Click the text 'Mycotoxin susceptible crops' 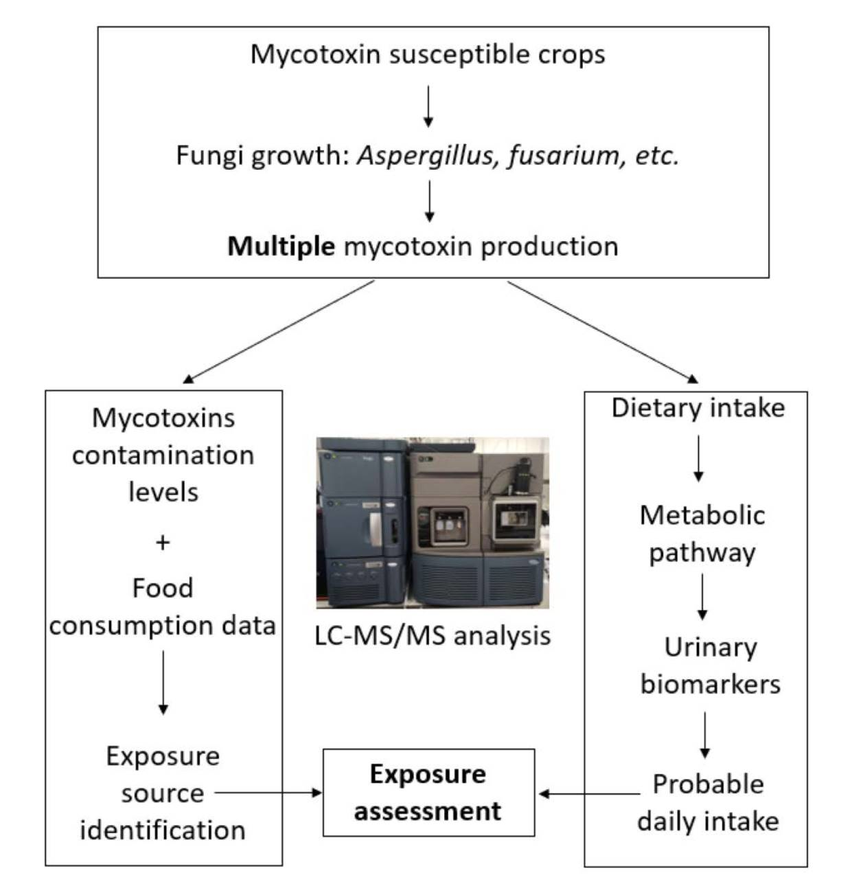(x=427, y=54)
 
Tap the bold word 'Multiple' (x=281, y=246)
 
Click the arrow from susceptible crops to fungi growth (x=428, y=106)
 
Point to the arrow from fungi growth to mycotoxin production (x=429, y=201)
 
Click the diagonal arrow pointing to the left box (x=279, y=331)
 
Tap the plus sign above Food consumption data (x=163, y=543)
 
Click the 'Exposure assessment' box (x=428, y=792)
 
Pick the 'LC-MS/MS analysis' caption (x=433, y=635)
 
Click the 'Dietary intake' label (x=698, y=408)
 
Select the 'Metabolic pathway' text (x=702, y=534)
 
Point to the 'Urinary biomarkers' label (x=710, y=666)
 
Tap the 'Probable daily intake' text (x=708, y=802)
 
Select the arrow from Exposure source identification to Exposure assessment (x=268, y=793)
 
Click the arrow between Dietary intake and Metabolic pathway (x=698, y=458)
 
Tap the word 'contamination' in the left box (x=163, y=455)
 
